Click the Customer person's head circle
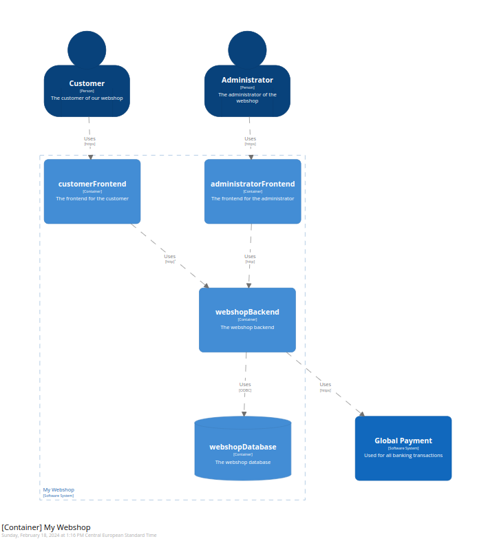point(87,49)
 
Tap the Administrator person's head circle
point(247,49)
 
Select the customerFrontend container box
point(92,191)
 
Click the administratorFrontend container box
point(253,191)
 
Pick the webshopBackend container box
point(247,320)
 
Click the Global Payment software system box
point(403,448)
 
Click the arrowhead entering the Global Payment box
point(361,414)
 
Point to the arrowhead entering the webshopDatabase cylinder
point(244,413)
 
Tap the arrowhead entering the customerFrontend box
point(90,157)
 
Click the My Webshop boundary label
point(59,490)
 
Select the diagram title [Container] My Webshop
point(46,527)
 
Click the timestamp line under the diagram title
point(79,535)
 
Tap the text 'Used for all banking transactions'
point(403,455)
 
